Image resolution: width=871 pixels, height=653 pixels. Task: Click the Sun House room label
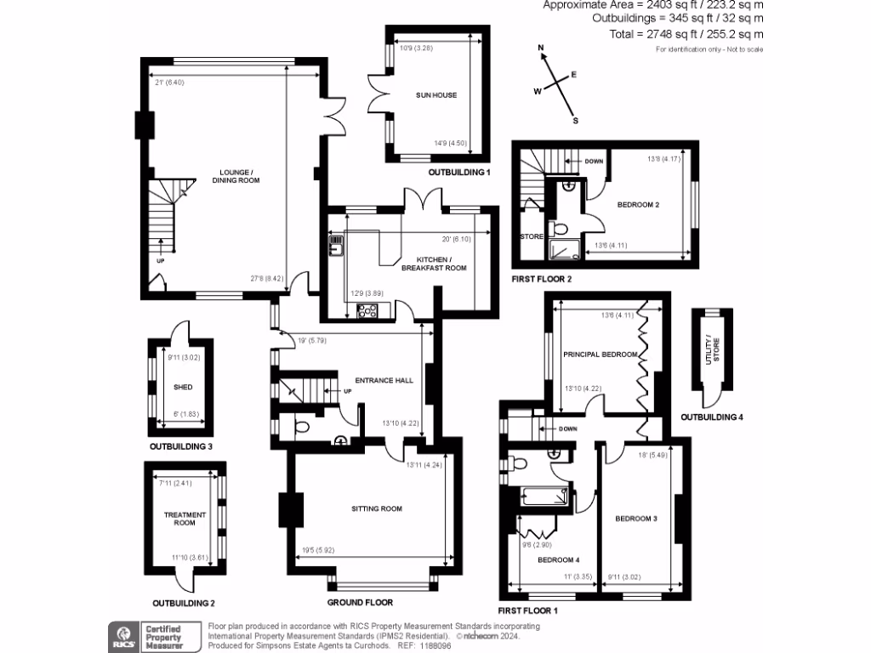[435, 95]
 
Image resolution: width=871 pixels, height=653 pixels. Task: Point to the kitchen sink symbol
[336, 247]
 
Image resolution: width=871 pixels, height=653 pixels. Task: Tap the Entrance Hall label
[384, 380]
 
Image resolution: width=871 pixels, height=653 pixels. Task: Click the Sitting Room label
[376, 508]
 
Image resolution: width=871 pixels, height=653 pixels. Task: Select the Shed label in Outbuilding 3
[183, 387]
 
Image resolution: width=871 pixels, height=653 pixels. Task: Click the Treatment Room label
[185, 519]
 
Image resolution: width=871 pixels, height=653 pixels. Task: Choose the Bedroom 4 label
[557, 559]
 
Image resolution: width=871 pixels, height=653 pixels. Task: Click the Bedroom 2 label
[638, 205]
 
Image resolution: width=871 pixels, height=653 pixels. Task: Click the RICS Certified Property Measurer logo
[152, 636]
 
